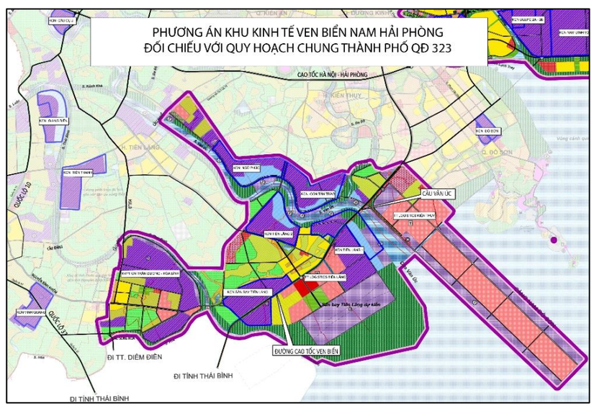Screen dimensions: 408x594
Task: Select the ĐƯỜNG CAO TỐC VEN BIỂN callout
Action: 305,351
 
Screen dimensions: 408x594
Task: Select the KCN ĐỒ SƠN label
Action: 488,132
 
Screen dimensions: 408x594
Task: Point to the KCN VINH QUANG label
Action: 30,312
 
